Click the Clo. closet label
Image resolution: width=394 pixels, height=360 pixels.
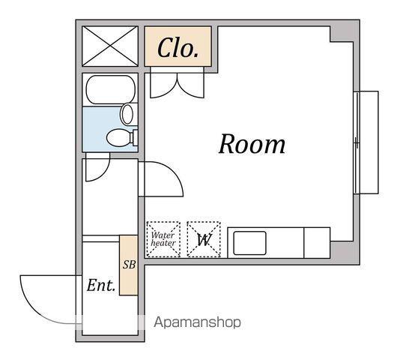coord(178,48)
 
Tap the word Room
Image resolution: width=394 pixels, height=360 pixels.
coord(252,144)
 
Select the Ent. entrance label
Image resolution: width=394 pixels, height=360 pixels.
coord(101,286)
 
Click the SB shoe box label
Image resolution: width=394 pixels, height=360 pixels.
coord(129,265)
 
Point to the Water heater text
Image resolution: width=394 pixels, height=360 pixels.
coord(163,239)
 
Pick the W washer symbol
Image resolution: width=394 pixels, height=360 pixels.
coord(204,240)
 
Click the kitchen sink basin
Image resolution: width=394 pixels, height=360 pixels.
coord(249,243)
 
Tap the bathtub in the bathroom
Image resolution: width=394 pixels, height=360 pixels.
coord(111,89)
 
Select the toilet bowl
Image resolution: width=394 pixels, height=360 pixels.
coord(120,137)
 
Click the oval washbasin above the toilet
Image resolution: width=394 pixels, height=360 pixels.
coord(127,114)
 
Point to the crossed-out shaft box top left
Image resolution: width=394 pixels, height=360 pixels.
coord(110,46)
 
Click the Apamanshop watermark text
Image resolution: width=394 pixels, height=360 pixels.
coord(197,322)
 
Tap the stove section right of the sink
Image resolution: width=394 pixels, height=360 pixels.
coord(317,243)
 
